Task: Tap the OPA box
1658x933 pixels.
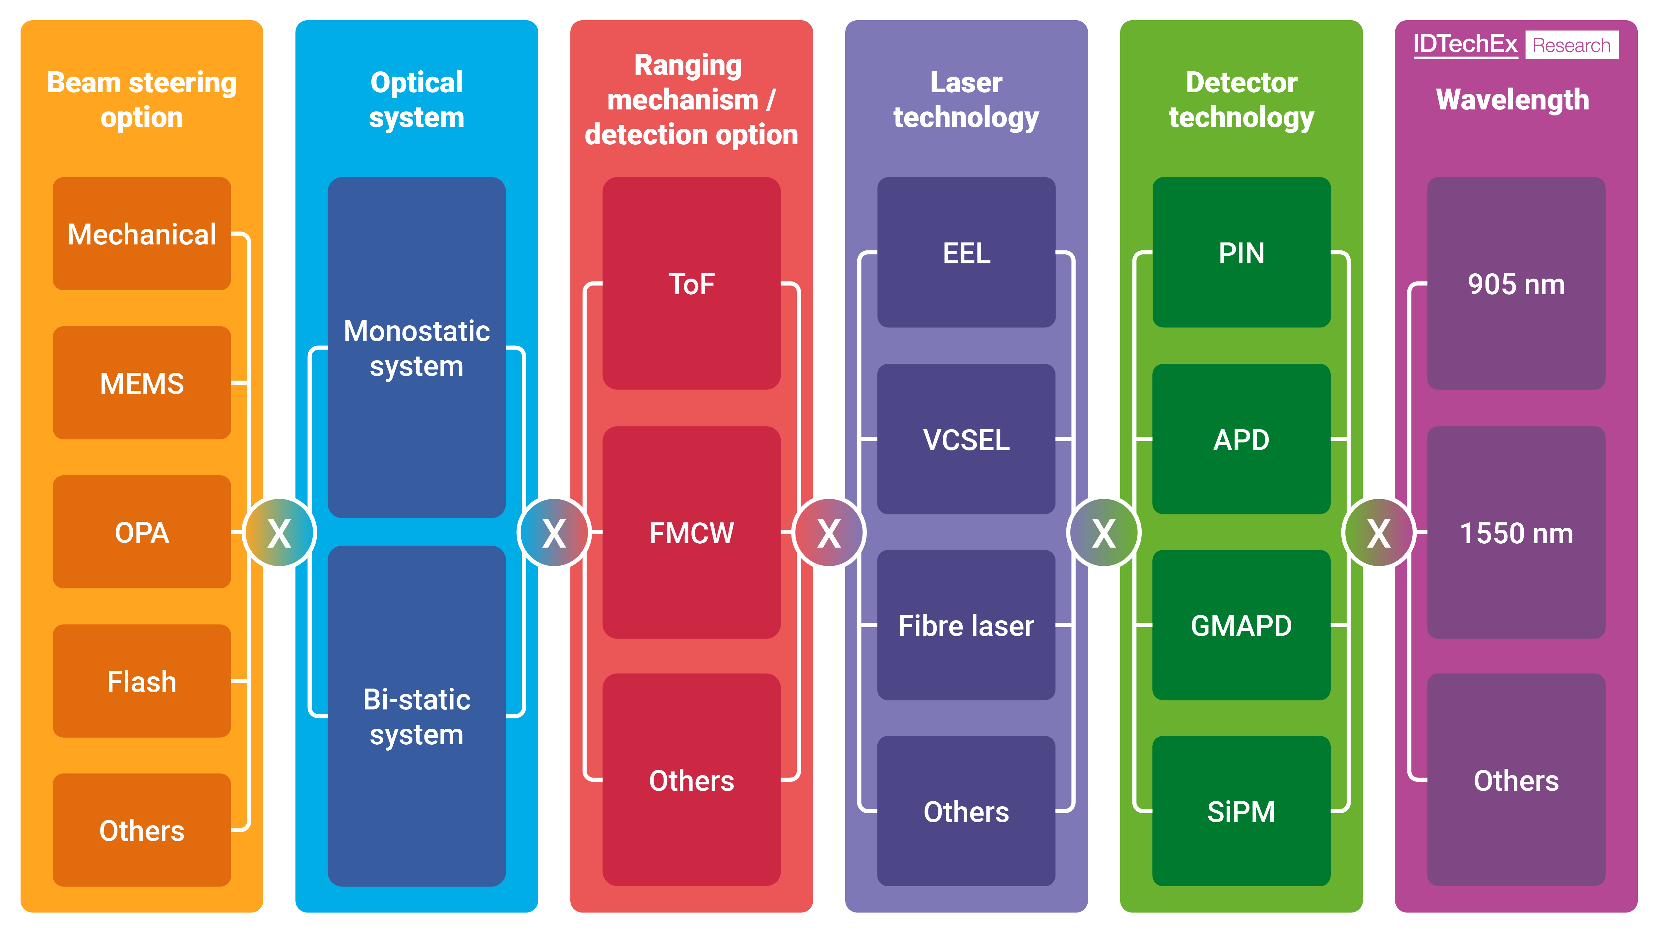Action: coord(142,532)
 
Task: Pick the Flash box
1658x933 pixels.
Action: coord(142,681)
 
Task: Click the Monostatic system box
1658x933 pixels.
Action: coord(416,348)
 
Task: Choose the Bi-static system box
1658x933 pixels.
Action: coord(416,716)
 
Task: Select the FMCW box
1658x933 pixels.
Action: coord(691,532)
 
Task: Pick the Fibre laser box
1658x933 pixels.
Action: coord(966,625)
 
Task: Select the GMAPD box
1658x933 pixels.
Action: coord(1241,625)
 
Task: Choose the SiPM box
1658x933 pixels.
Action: coord(1241,811)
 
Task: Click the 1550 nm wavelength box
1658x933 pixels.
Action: coord(1516,532)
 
